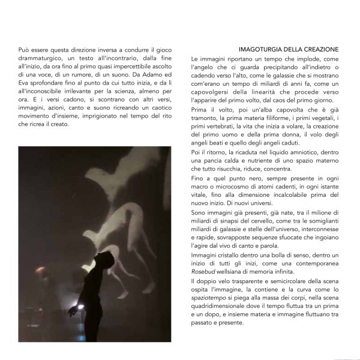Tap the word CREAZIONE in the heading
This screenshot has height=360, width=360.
coord(318,49)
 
